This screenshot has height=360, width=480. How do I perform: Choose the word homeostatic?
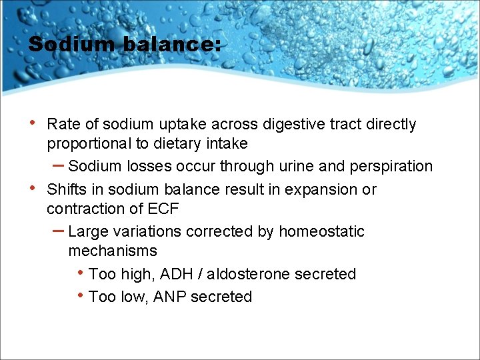(322, 231)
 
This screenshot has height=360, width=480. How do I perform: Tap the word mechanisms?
(113, 251)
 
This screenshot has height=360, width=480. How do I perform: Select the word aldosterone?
(243, 274)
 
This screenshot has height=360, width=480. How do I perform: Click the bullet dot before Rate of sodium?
(33, 123)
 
